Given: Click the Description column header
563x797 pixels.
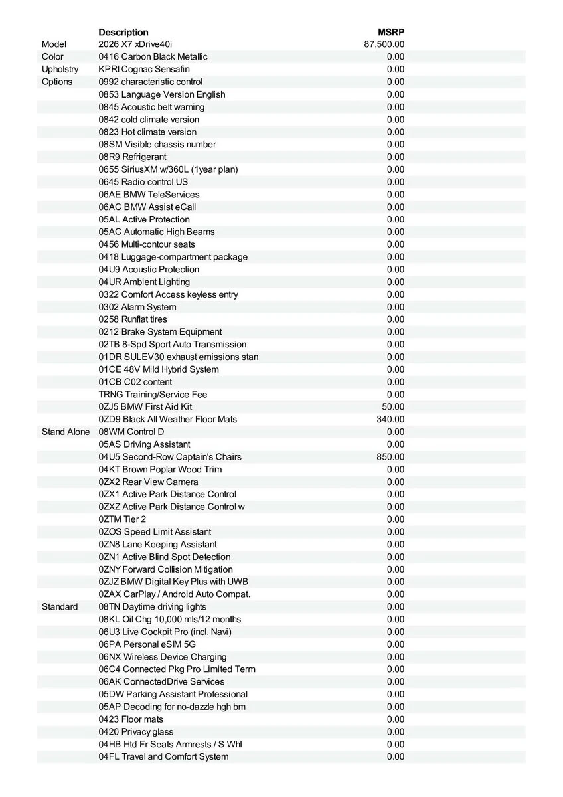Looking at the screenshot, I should (x=123, y=32).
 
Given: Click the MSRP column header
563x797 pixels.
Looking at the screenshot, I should (x=391, y=32).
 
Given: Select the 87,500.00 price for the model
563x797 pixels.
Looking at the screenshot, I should (x=384, y=44).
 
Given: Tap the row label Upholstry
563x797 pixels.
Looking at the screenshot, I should (x=60, y=69).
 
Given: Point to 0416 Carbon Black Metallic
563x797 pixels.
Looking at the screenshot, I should (x=153, y=57).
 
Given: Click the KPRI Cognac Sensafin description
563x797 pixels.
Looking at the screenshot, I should (x=144, y=69).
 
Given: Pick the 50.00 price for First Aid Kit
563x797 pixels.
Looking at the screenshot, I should (x=393, y=406).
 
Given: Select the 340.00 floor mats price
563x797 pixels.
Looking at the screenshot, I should (x=390, y=419).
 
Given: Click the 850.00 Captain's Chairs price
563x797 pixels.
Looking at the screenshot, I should (x=390, y=457).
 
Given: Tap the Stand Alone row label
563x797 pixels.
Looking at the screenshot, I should (x=66, y=432).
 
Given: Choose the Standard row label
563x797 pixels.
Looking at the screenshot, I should (x=60, y=607).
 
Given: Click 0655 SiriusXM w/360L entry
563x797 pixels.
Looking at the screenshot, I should (x=168, y=169).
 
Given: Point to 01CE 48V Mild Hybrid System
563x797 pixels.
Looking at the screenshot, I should (x=159, y=369).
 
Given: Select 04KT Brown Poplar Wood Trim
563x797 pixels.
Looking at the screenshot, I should (x=160, y=470).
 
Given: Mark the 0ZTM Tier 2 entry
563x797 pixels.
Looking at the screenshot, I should (x=122, y=519).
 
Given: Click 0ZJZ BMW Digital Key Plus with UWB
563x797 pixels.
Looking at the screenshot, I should (x=173, y=582).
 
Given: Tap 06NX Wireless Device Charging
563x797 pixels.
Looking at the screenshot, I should (x=163, y=657).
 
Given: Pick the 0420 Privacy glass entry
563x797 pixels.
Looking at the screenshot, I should (x=136, y=732).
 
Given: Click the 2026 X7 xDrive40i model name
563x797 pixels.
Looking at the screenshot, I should (x=135, y=44).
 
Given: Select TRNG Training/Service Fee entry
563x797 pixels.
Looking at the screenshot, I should (x=153, y=395).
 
